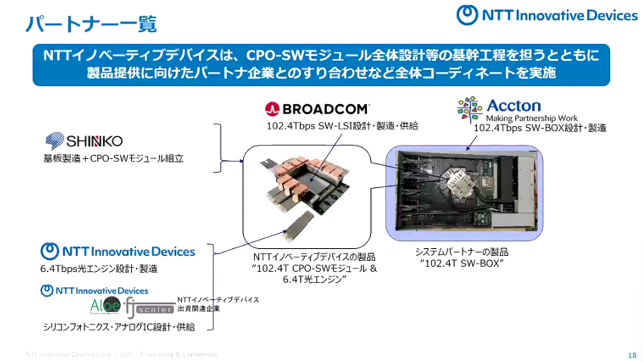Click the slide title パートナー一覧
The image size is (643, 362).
click(91, 23)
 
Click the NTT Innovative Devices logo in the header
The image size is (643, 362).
click(547, 15)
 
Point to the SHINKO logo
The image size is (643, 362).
click(84, 141)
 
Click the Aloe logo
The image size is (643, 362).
click(105, 306)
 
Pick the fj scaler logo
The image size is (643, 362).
click(149, 307)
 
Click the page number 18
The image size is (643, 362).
click(631, 355)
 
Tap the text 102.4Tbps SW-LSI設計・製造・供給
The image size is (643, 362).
click(342, 127)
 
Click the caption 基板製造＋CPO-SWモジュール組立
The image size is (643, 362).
click(114, 159)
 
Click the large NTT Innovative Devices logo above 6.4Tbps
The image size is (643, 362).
click(118, 251)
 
